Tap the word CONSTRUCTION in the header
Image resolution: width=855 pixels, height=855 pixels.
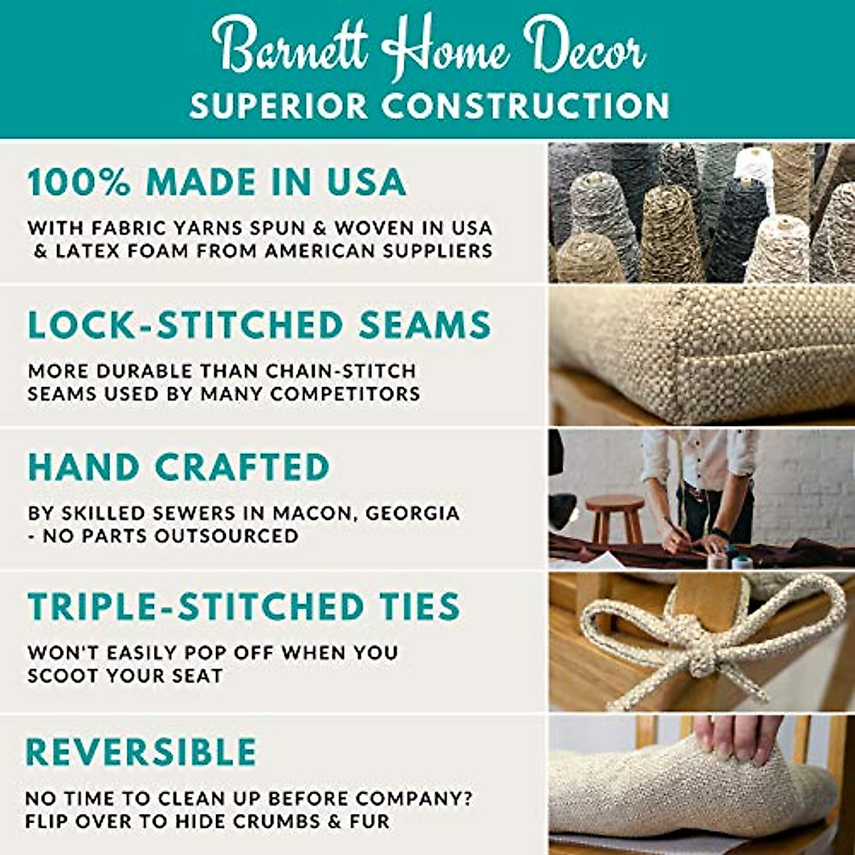[525, 106]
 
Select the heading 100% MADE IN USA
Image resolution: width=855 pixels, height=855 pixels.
[217, 182]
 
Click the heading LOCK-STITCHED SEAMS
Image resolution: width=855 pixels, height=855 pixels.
[259, 325]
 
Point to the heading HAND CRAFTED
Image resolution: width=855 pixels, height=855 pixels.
[179, 467]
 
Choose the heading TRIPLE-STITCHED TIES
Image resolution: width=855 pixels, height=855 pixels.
[244, 606]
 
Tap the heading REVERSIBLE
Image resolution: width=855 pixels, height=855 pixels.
[141, 752]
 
